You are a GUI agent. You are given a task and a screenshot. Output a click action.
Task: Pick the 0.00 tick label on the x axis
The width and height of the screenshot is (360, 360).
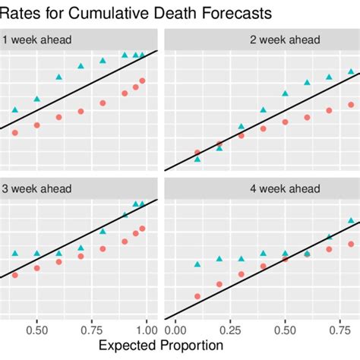175,330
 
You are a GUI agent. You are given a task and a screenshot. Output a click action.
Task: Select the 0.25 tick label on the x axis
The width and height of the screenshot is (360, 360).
230,330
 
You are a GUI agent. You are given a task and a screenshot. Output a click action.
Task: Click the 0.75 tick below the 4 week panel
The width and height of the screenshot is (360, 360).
340,330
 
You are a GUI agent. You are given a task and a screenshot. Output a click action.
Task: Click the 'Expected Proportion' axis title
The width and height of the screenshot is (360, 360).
161,346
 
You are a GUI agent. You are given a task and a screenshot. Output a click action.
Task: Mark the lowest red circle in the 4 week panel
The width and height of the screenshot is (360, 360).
197,296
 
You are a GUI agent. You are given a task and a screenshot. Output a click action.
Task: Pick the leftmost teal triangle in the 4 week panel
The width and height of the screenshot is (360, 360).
197,264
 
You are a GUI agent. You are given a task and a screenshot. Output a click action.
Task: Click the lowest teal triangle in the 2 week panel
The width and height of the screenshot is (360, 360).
197,159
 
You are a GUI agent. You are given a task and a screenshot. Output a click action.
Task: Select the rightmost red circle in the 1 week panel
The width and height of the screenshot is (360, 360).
142,81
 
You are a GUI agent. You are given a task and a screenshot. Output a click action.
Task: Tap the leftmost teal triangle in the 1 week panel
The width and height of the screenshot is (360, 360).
14,110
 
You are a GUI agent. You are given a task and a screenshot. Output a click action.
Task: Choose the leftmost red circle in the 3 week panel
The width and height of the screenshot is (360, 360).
14,278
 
